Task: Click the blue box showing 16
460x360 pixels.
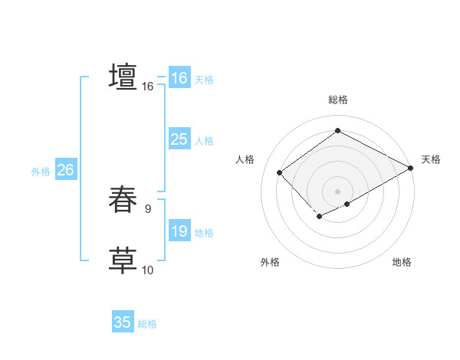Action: click(179, 78)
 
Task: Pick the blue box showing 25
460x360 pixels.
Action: click(179, 139)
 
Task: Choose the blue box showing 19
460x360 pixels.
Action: click(179, 231)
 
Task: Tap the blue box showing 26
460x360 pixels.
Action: click(65, 170)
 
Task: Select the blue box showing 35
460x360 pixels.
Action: click(123, 322)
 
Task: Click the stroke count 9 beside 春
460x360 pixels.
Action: click(148, 208)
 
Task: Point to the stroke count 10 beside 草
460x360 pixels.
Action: click(148, 270)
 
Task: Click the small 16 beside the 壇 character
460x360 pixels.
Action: click(148, 87)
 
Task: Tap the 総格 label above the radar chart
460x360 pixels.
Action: click(337, 100)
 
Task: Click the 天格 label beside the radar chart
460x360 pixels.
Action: click(431, 159)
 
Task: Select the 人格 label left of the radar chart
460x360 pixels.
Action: click(245, 159)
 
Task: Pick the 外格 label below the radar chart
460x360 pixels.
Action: click(270, 262)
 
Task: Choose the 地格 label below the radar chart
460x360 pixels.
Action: click(402, 262)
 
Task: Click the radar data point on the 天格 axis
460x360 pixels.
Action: click(411, 168)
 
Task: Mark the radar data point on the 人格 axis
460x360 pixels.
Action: click(280, 172)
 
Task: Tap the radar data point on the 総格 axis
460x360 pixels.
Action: click(337, 131)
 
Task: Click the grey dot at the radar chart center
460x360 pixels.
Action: click(337, 191)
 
